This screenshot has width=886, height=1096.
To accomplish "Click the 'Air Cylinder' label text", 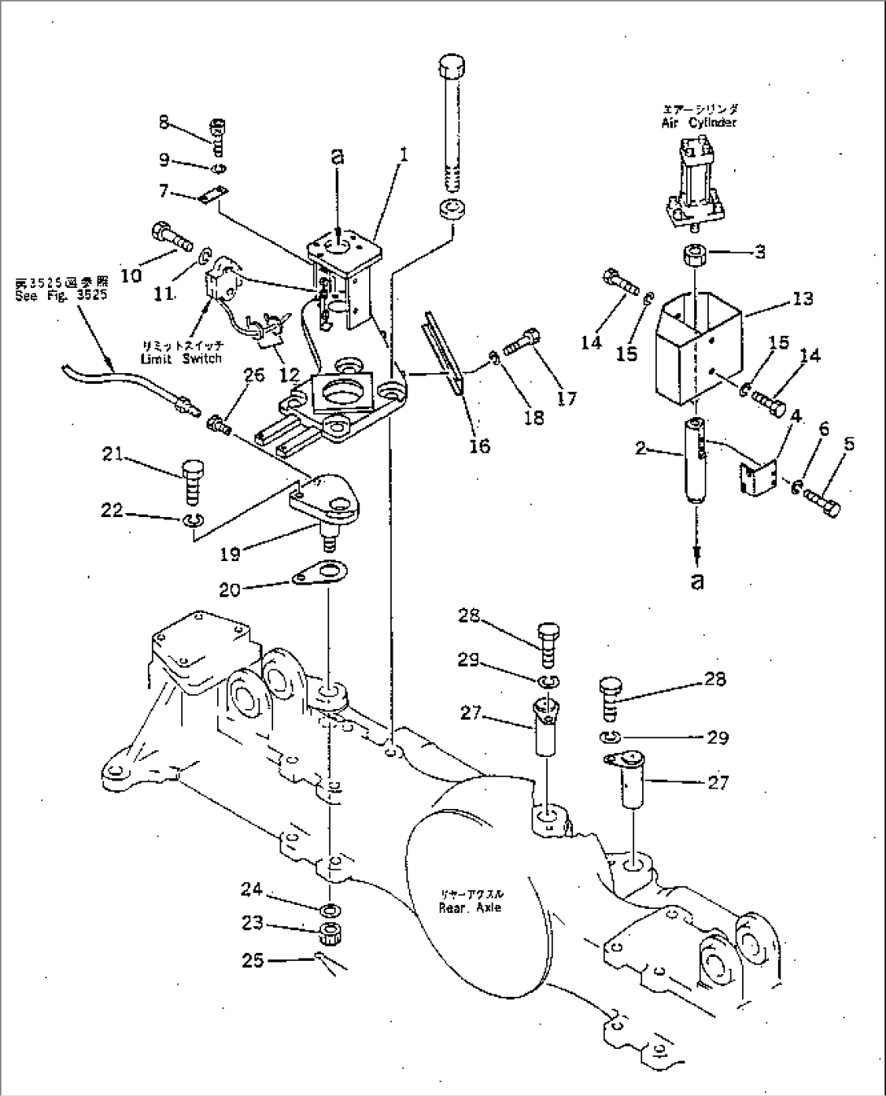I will pos(698,123).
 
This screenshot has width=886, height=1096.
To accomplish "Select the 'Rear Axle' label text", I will pos(470,907).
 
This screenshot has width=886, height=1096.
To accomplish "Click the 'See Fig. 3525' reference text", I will pos(60,296).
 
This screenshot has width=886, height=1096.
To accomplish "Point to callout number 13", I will pos(802,299).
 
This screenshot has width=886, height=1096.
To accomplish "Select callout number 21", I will pos(112,455).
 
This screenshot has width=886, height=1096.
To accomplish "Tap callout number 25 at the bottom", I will pos(253,960).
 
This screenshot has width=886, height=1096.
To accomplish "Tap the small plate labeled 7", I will pos(214,196).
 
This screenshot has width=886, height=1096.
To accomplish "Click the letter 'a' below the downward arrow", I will pos(697,581).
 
